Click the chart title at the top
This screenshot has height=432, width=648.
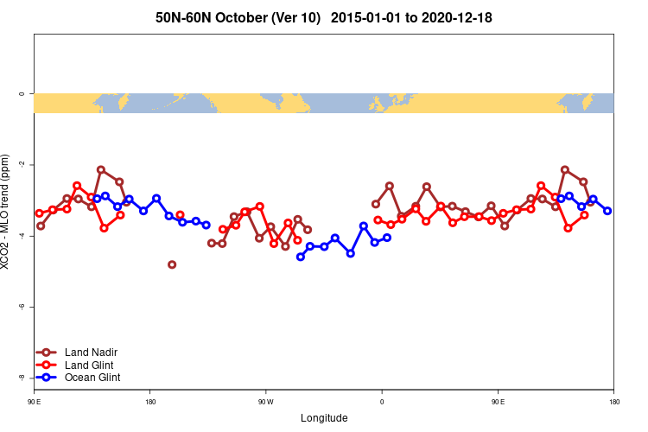[x=324, y=17]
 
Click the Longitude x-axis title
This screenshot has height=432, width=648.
[x=324, y=418]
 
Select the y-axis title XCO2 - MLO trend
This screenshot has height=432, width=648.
[x=7, y=212]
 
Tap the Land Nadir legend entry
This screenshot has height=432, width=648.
[x=91, y=353]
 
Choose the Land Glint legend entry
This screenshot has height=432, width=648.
[x=89, y=365]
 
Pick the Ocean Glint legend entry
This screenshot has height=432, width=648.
[x=92, y=378]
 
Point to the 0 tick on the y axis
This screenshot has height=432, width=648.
[x=21, y=93]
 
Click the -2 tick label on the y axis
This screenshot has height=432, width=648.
[x=21, y=164]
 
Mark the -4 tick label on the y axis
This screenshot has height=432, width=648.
[x=21, y=236]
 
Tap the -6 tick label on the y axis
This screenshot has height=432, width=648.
[x=21, y=307]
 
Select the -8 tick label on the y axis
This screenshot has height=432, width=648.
[x=21, y=378]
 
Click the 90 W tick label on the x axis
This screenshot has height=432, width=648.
[x=265, y=402]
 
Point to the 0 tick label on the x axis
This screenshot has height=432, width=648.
[x=382, y=402]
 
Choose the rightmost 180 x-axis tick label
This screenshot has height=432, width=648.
[x=613, y=402]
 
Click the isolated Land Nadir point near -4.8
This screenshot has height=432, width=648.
[x=172, y=264]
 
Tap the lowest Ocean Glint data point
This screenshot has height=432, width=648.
[x=301, y=257]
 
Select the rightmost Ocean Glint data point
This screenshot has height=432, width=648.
[x=607, y=211]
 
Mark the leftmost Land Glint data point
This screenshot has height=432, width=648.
[x=39, y=213]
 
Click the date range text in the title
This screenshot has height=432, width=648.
[x=416, y=17]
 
